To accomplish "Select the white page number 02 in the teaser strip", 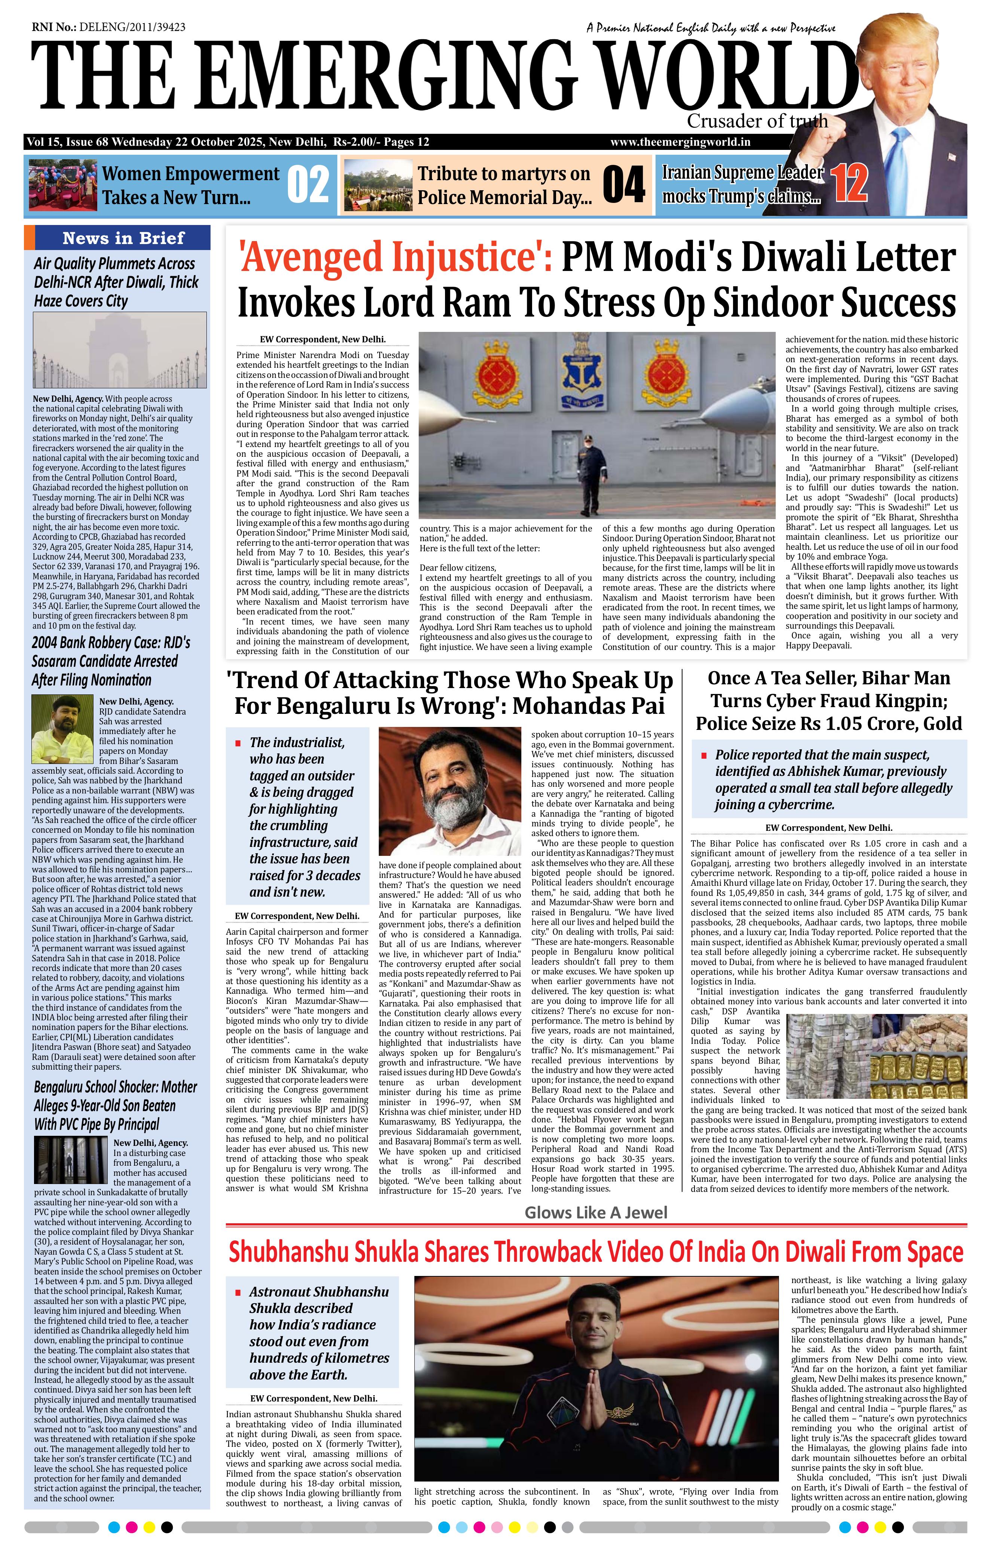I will click(x=308, y=185).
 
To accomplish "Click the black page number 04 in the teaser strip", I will click(x=623, y=185).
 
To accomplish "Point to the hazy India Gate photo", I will click(x=120, y=350).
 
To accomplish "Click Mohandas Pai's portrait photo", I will click(x=450, y=791).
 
